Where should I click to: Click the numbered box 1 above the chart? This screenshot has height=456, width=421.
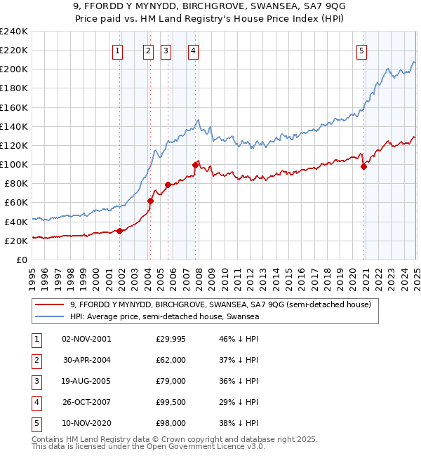point(117,50)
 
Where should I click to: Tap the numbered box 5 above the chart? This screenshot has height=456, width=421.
point(361,50)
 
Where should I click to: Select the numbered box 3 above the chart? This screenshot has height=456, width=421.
point(166,50)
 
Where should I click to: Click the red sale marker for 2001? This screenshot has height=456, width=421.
point(120,231)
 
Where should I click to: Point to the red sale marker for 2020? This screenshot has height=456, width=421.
point(364,166)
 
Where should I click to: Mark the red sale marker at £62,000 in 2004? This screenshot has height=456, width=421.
point(150,201)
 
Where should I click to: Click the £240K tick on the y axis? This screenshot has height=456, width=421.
point(14,32)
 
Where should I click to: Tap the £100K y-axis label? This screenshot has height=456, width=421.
point(14,164)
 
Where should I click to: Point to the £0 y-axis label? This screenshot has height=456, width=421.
point(21,260)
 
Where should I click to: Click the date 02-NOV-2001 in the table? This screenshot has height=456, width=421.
point(86,339)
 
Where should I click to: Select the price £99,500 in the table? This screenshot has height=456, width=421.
point(171,402)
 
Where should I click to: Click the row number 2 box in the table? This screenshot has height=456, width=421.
point(35,360)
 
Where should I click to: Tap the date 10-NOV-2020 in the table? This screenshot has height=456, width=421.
point(86,423)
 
